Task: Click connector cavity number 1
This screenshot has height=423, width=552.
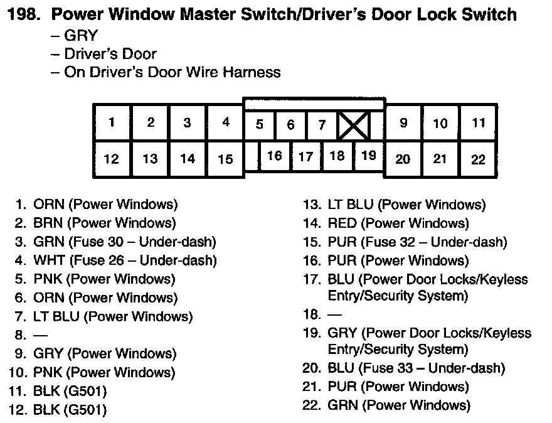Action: point(112,123)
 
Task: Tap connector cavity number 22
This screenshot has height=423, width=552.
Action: point(478,159)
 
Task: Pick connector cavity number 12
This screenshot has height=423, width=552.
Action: point(112,159)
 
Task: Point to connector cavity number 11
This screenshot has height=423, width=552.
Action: point(479,123)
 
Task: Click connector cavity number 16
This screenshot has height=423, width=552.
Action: point(274,156)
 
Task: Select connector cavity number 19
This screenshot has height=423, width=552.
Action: point(369,155)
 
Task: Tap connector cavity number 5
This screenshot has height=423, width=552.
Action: point(259,124)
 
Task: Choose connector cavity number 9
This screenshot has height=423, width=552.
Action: point(403,123)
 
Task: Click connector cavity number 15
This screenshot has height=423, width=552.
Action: point(225,159)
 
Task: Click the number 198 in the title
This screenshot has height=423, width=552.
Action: point(23,14)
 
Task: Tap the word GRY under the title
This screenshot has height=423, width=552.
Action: point(81,36)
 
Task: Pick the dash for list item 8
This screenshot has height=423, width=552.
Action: point(40,335)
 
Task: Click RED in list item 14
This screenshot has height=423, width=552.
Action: point(342,223)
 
